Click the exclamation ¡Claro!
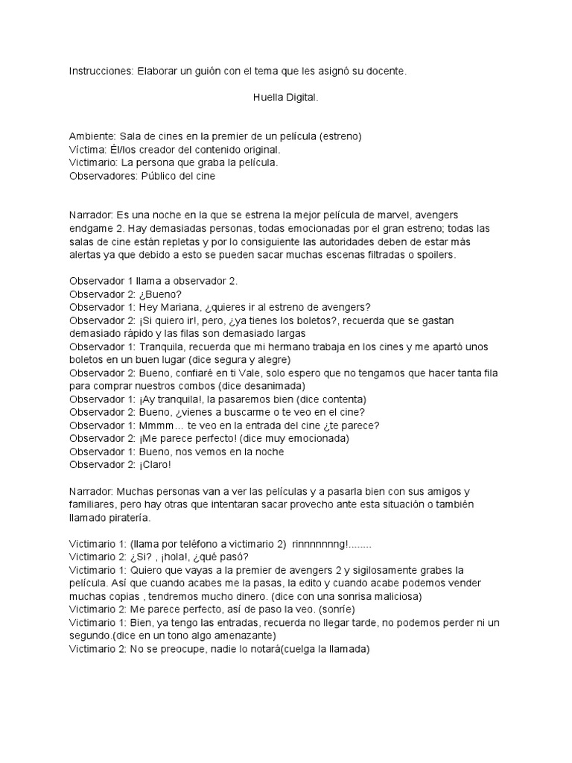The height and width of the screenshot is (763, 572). point(156,464)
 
